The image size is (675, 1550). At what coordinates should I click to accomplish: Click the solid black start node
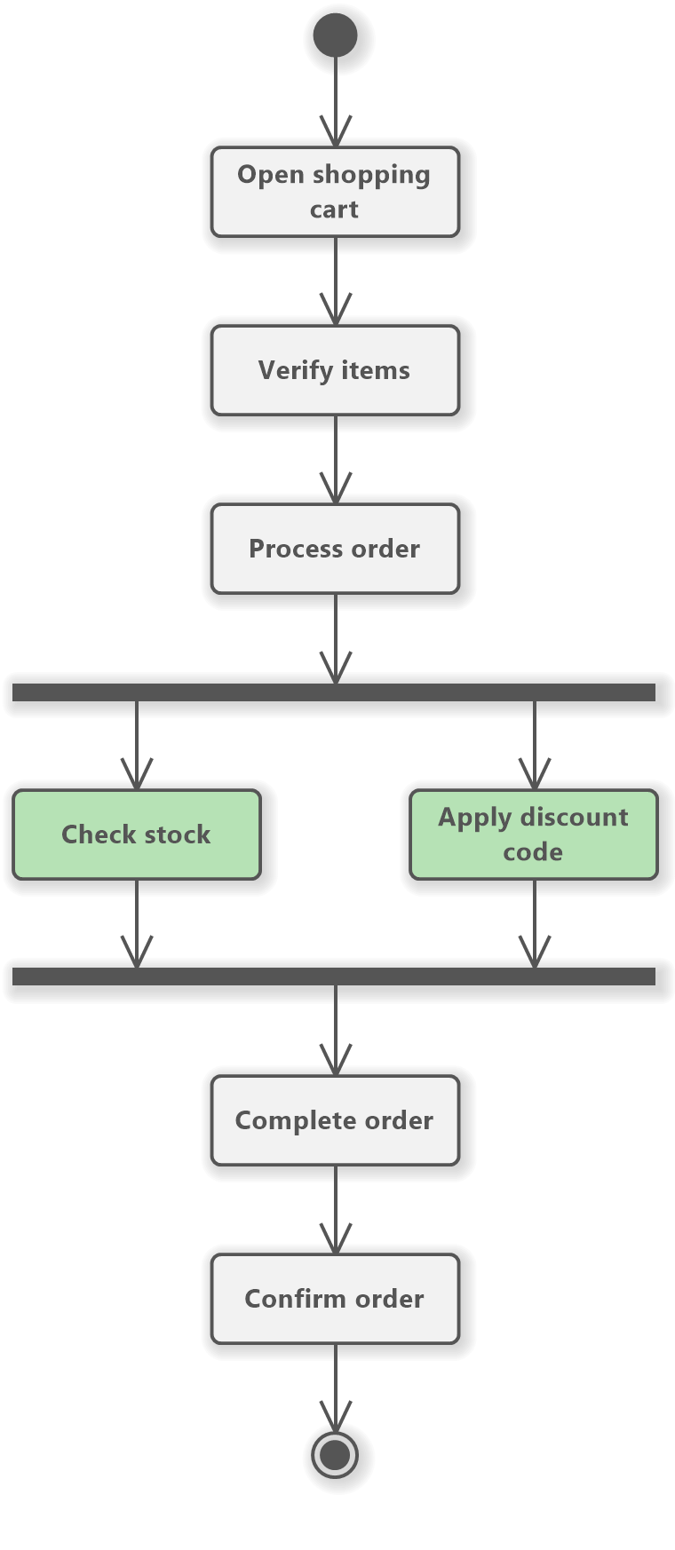335,36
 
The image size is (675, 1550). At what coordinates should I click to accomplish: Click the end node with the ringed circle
335,1455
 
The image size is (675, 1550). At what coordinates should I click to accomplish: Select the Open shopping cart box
335,192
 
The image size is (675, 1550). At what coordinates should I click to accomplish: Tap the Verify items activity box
335,370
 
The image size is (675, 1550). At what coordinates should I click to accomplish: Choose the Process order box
335,549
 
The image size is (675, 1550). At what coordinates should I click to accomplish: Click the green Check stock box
137,834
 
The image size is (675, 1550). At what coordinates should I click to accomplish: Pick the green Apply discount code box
534,834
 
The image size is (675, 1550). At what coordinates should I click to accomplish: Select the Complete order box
335,1120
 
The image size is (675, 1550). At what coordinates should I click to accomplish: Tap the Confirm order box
335,1299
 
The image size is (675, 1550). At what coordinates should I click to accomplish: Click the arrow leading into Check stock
137,746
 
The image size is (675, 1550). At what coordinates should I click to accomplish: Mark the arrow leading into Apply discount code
535,746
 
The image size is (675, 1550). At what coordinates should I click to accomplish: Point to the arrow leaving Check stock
137,923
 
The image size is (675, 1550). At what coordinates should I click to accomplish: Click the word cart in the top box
334,210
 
